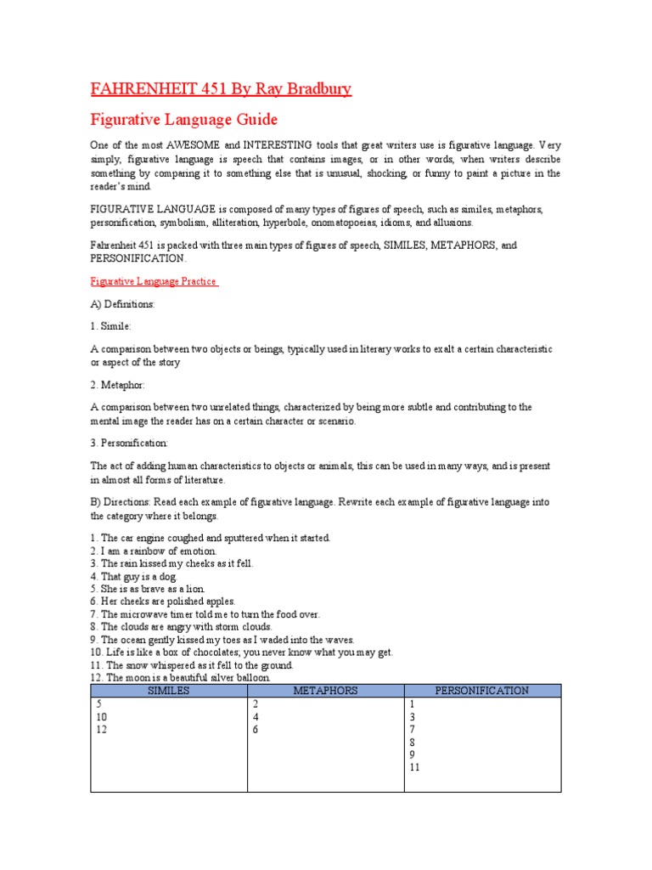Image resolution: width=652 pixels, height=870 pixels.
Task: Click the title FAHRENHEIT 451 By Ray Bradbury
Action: (x=221, y=88)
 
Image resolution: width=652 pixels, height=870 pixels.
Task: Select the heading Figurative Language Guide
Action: (x=184, y=119)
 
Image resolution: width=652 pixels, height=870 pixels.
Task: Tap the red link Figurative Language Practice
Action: (x=154, y=281)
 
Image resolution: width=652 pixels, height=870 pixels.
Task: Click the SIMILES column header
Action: (x=168, y=691)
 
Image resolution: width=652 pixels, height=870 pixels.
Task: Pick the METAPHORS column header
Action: (x=325, y=691)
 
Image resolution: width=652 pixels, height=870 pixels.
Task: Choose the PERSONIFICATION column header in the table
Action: (x=481, y=691)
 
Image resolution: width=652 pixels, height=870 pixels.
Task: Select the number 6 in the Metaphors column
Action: (x=255, y=730)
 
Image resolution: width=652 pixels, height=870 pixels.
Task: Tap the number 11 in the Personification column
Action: (x=414, y=767)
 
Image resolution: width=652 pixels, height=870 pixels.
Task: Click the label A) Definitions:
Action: (x=122, y=303)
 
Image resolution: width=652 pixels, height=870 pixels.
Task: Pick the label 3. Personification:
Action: (x=135, y=443)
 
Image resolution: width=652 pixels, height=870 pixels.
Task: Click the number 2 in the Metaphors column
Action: (x=255, y=704)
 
